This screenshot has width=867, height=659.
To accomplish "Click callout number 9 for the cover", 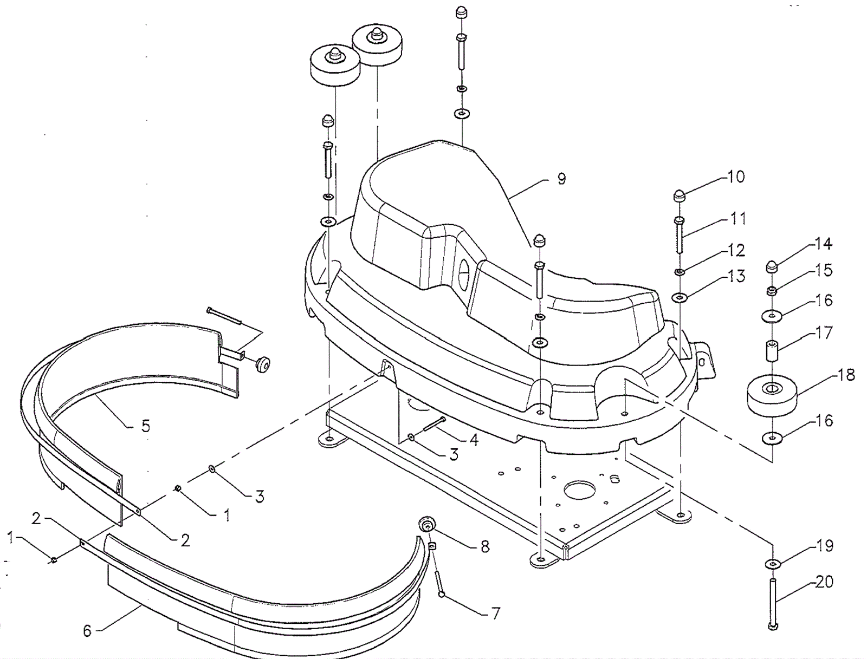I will [x=561, y=179].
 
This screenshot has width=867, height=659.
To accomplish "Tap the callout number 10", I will [x=736, y=177].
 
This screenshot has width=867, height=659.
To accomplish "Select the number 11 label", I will [x=738, y=218].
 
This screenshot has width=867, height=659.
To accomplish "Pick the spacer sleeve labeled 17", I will [x=772, y=351].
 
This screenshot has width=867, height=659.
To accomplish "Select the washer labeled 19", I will [x=772, y=564].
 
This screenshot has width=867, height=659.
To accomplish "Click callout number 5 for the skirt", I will [x=145, y=426].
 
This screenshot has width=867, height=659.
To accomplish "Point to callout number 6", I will [x=87, y=631].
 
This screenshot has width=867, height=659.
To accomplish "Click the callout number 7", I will [x=495, y=613].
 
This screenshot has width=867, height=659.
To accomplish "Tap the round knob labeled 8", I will [x=427, y=524].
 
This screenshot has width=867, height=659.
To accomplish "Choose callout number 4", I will [x=474, y=440].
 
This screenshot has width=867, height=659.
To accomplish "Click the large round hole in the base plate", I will [x=579, y=490].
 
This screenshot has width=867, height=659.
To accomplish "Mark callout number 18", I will [x=846, y=375].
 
